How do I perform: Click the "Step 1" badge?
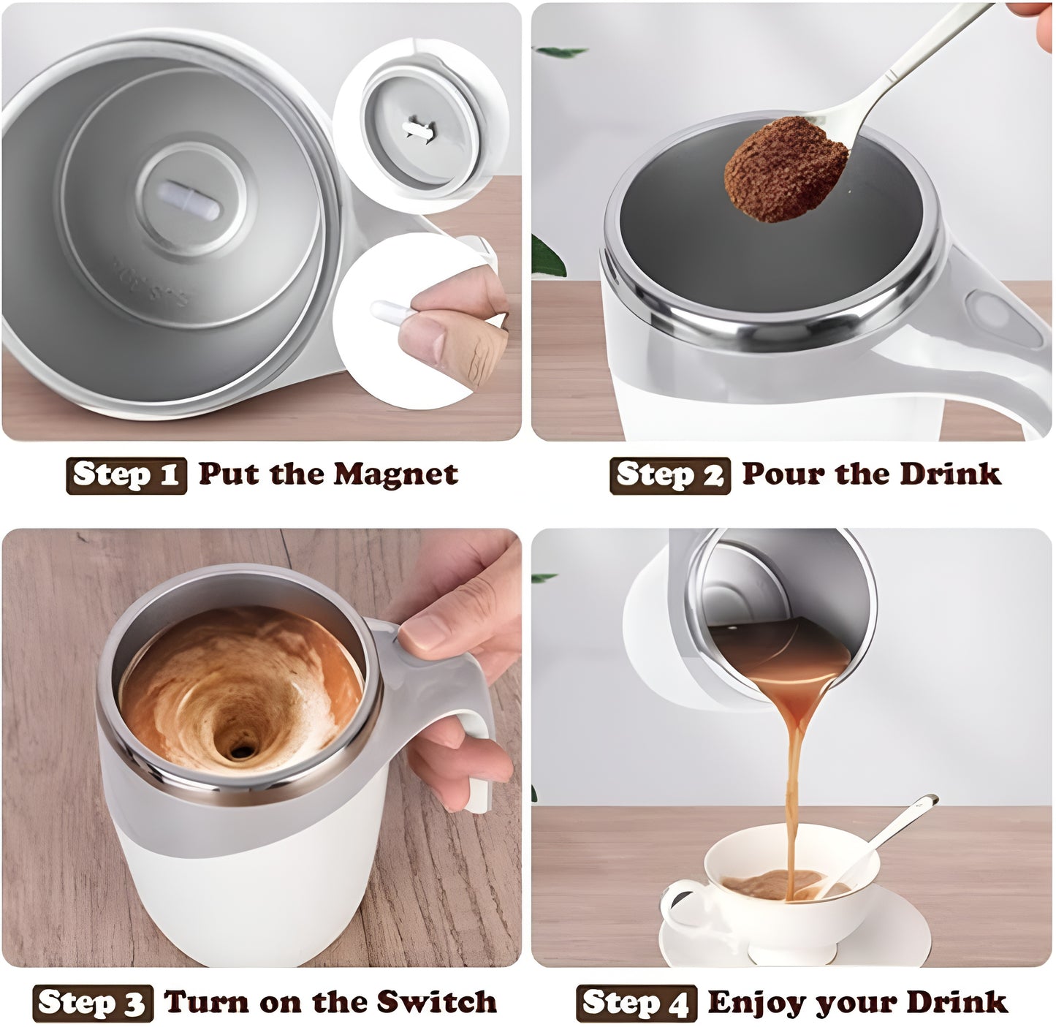coord(126,475)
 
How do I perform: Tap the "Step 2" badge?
coord(669,475)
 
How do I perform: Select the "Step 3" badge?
coord(93,1003)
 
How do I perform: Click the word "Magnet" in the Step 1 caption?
coord(395,474)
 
